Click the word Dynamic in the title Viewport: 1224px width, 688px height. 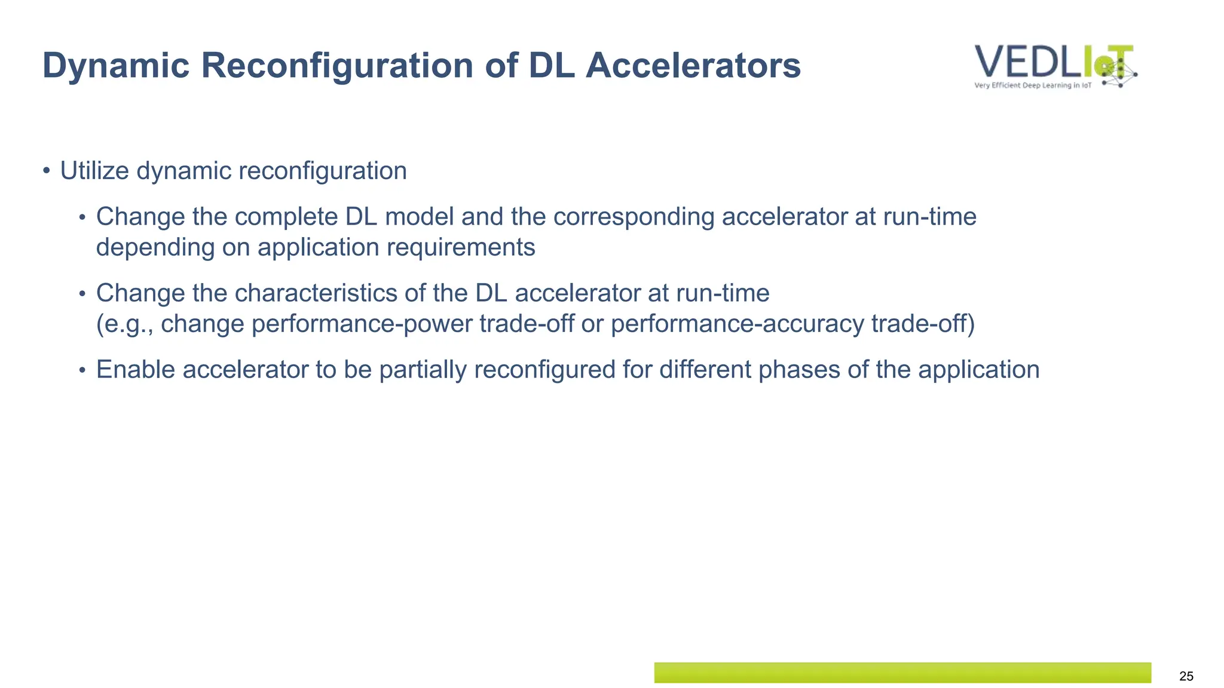tap(116, 66)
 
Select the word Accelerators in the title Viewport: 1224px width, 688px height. tap(693, 66)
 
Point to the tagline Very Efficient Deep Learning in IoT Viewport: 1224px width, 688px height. tap(1032, 85)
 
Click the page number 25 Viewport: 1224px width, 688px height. tap(1186, 676)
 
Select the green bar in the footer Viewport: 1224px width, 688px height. tap(902, 672)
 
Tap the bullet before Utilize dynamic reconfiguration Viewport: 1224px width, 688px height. tap(47, 171)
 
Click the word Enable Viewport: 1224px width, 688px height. tap(136, 370)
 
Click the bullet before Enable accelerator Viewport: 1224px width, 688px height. tap(82, 371)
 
